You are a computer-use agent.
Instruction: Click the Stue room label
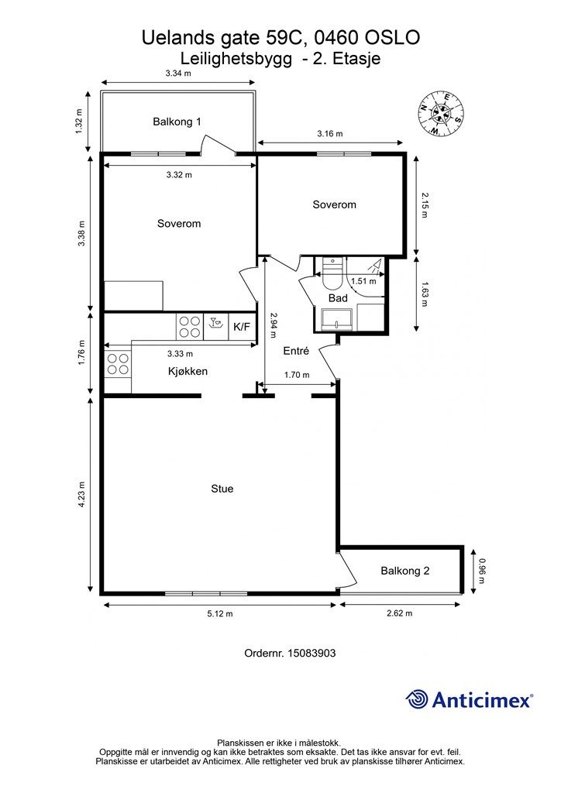pyautogui.click(x=222, y=489)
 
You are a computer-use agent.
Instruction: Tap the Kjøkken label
pyautogui.click(x=188, y=371)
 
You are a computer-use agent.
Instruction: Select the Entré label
pyautogui.click(x=296, y=351)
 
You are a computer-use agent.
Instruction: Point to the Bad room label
pyautogui.click(x=338, y=298)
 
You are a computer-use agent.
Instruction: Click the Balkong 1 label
pyautogui.click(x=177, y=122)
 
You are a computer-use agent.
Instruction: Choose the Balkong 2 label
pyautogui.click(x=405, y=571)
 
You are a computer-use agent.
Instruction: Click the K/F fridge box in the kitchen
pyautogui.click(x=242, y=327)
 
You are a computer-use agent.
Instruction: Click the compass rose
pyautogui.click(x=441, y=113)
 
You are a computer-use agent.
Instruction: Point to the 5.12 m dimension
pyautogui.click(x=220, y=613)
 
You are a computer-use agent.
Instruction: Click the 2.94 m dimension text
pyautogui.click(x=274, y=324)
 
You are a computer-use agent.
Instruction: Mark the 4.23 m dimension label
pyautogui.click(x=81, y=496)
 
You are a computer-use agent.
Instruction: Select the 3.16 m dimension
pyautogui.click(x=330, y=133)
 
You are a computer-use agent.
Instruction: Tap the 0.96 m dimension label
pyautogui.click(x=482, y=571)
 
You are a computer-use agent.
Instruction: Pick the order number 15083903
pyautogui.click(x=311, y=653)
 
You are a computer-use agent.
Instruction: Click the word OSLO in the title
pyautogui.click(x=393, y=37)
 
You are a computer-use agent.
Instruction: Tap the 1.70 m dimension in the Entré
pyautogui.click(x=297, y=375)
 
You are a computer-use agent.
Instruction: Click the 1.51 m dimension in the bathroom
pyautogui.click(x=363, y=281)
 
